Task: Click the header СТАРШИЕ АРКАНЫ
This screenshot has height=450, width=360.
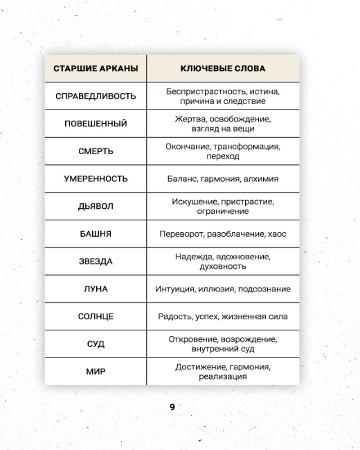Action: click(x=95, y=69)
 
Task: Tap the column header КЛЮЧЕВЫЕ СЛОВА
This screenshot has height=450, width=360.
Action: click(x=223, y=69)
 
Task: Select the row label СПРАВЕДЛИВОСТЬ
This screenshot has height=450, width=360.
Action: click(x=95, y=96)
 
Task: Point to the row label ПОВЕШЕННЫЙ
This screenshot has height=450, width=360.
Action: click(x=95, y=124)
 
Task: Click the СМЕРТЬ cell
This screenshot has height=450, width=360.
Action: click(x=95, y=151)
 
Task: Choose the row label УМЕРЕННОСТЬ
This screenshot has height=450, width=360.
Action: click(x=95, y=179)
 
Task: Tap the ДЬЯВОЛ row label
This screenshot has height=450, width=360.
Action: click(x=95, y=206)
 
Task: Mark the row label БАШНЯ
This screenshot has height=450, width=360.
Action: click(x=95, y=234)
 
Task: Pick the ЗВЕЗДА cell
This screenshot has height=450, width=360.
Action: click(x=95, y=261)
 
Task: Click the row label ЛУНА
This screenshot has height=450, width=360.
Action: click(x=95, y=289)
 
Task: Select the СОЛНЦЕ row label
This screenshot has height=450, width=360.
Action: click(x=95, y=316)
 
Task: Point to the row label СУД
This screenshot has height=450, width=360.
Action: click(x=95, y=344)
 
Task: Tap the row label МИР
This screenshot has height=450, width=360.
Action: click(x=95, y=372)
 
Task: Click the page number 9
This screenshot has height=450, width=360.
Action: click(x=172, y=408)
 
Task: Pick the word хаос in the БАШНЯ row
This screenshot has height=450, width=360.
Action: click(x=276, y=234)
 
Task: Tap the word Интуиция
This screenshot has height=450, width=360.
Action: click(x=175, y=289)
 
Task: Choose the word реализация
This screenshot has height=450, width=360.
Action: click(x=223, y=377)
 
